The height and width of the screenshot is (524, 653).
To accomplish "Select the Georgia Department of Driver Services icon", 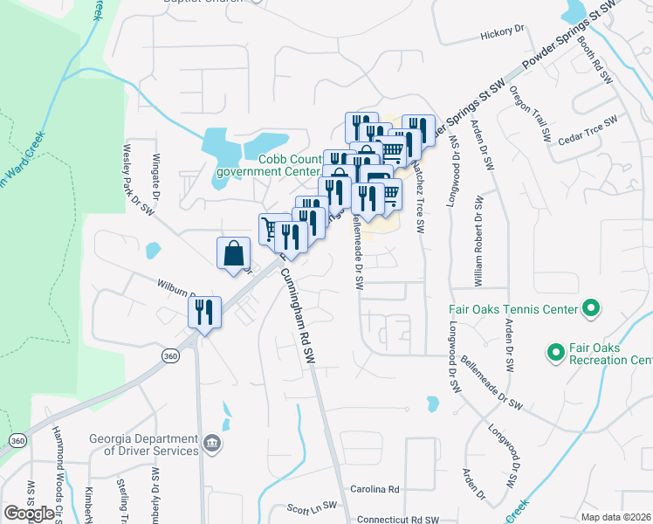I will [x=212, y=445].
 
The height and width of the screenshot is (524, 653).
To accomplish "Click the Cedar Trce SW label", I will [x=588, y=128].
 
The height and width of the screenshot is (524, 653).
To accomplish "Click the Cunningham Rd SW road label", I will [x=297, y=315].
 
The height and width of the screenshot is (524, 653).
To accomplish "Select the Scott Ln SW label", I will [x=312, y=507].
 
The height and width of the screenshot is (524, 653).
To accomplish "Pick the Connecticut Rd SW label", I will [x=397, y=519].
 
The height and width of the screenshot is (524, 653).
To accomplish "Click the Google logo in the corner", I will [x=29, y=514].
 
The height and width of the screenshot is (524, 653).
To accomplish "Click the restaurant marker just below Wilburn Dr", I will [x=204, y=312].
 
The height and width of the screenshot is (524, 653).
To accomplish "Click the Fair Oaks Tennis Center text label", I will [x=513, y=309].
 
